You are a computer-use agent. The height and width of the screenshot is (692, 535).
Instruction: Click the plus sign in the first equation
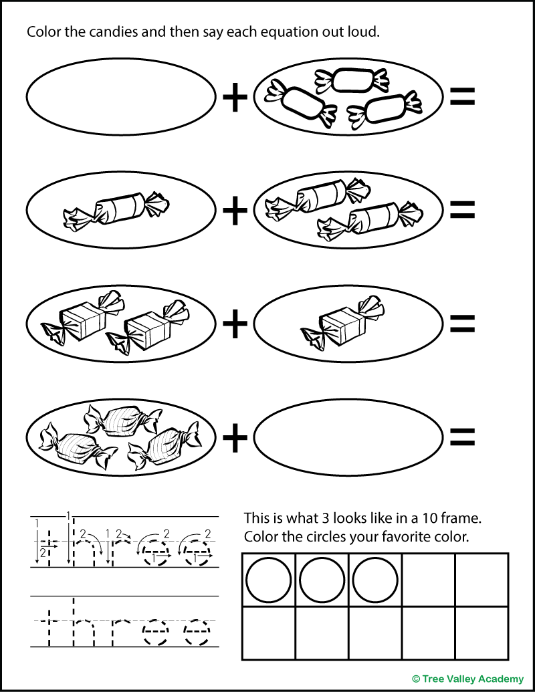(234, 98)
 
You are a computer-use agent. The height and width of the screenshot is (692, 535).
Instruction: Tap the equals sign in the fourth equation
(461, 437)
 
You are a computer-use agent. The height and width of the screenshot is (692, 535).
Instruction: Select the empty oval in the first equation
(121, 98)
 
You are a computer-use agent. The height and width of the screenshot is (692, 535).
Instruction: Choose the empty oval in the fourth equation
(348, 437)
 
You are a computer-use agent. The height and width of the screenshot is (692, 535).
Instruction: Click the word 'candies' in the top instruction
(116, 32)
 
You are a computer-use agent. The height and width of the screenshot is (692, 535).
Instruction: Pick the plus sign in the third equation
(234, 325)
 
